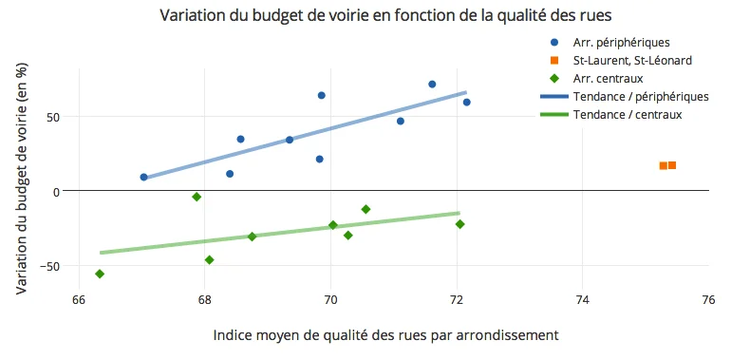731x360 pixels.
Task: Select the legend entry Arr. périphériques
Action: tap(622, 43)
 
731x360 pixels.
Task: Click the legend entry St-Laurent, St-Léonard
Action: tap(626, 61)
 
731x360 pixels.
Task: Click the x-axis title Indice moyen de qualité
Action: tap(385, 335)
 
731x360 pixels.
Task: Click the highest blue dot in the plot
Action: tap(432, 84)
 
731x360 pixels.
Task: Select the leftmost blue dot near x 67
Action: tap(143, 177)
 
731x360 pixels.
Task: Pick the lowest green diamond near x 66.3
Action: tap(100, 274)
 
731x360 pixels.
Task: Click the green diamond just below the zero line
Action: tap(197, 197)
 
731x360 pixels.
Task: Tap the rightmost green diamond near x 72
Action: tap(459, 224)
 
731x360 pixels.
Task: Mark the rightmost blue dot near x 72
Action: tap(466, 102)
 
